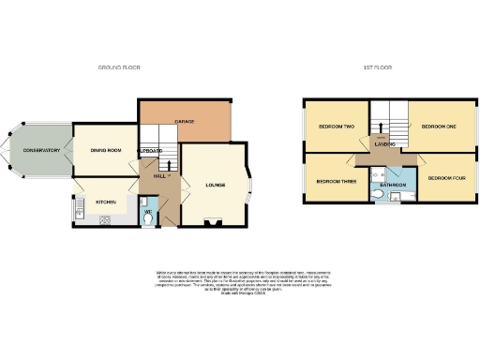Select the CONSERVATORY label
tap(41, 150)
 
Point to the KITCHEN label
tap(104, 202)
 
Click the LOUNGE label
tap(217, 184)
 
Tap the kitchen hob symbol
tap(104, 221)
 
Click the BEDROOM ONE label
tap(437, 126)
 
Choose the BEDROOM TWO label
tap(335, 126)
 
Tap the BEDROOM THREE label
tap(334, 181)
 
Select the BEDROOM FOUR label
tap(445, 177)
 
